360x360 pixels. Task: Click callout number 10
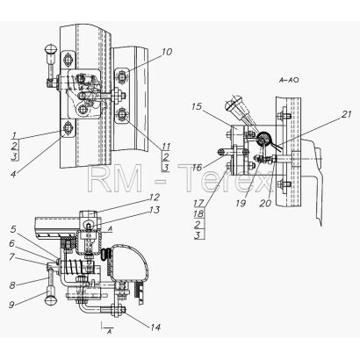click(x=167, y=52)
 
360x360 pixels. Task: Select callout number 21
click(x=346, y=114)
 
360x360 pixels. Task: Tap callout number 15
click(x=197, y=107)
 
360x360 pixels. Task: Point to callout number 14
click(x=155, y=327)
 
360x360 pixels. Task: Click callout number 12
click(x=155, y=198)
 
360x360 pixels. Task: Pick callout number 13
click(x=155, y=210)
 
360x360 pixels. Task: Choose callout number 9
click(x=11, y=305)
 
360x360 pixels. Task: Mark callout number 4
click(x=13, y=174)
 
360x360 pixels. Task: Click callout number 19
click(x=241, y=203)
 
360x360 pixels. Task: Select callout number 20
click(x=265, y=203)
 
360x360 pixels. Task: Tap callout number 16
click(x=198, y=168)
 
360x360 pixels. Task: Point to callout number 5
click(x=13, y=229)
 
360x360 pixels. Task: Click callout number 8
click(x=12, y=284)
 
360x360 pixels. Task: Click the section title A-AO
click(x=289, y=80)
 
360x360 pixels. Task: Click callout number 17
click(x=198, y=202)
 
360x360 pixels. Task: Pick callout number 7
click(x=11, y=257)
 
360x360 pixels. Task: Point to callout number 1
click(x=15, y=135)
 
